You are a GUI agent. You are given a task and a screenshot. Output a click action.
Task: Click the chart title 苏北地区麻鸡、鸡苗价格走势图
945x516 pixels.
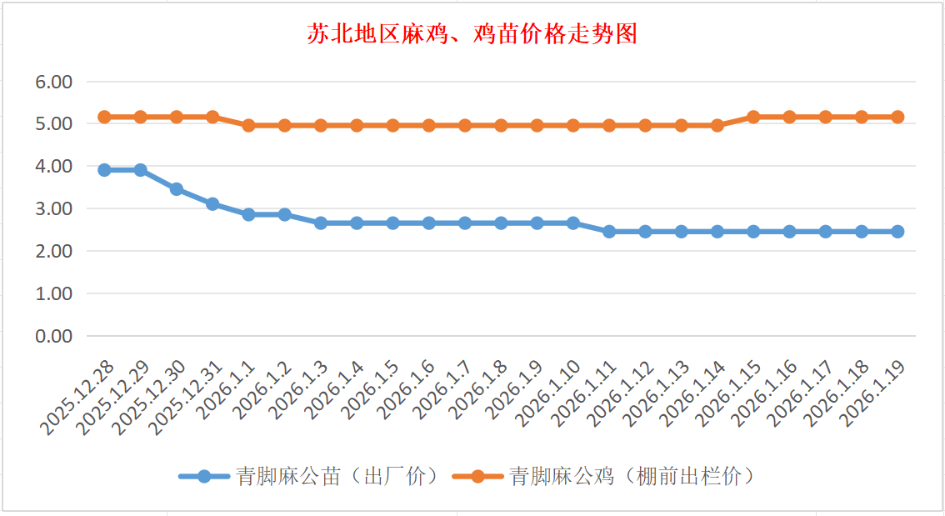click(472, 34)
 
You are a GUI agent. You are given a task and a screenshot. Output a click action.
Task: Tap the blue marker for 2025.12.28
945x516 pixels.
click(104, 170)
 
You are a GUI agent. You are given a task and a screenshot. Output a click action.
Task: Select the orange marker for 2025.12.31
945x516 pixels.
click(212, 117)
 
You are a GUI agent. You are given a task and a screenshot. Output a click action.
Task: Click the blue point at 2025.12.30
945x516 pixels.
click(177, 189)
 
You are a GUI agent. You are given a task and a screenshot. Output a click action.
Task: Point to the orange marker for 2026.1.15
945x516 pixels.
click(753, 117)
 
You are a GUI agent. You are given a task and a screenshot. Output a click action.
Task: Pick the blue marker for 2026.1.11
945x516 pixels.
click(609, 232)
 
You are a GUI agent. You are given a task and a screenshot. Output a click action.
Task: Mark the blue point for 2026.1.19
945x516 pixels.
click(897, 232)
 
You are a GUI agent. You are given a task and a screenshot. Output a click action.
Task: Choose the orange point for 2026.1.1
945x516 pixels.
click(248, 125)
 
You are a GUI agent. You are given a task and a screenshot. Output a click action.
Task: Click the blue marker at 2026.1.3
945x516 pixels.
click(321, 223)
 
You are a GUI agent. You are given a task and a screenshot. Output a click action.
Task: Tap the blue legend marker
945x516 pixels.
click(204, 477)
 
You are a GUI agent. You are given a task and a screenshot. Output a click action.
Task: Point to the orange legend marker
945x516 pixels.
click(477, 477)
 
